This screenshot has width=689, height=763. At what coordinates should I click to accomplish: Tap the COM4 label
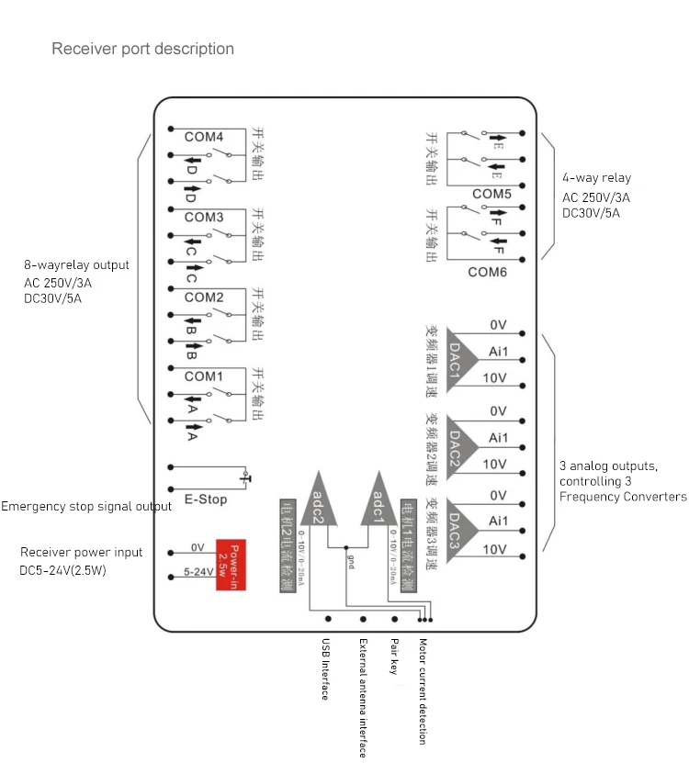[204, 138]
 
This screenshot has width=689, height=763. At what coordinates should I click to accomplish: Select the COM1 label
[204, 376]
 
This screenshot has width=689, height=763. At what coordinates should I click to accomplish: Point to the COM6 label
[488, 272]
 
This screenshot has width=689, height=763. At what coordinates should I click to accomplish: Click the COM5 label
[491, 194]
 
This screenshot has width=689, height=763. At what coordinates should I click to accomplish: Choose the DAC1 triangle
[459, 359]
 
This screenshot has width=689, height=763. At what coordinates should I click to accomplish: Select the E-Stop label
[206, 499]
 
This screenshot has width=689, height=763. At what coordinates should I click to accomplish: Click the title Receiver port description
[142, 49]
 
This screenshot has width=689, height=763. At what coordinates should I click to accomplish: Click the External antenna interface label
[363, 698]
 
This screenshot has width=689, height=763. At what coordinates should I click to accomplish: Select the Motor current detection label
[422, 691]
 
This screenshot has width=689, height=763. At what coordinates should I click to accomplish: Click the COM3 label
[204, 218]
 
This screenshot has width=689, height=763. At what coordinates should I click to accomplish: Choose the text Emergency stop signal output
[86, 506]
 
